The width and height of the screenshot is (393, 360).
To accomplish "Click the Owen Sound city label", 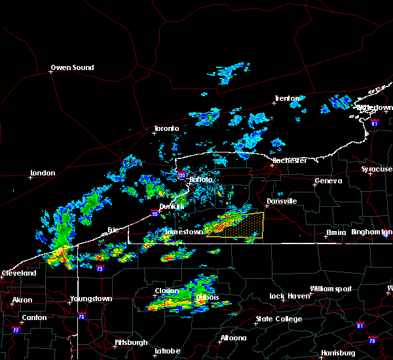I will coord(73,67).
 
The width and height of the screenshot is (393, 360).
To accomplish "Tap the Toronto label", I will coord(166,128).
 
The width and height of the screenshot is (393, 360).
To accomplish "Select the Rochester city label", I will coord(290,160).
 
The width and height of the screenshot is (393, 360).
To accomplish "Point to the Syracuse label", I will coord(377,170).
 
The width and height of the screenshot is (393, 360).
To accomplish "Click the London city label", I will coord(42,173).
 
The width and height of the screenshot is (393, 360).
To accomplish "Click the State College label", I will coord(278,319).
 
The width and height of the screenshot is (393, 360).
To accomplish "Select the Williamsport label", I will coord(331,289).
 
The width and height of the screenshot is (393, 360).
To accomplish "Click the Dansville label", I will coord(281,201).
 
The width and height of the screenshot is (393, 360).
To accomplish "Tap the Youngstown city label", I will coord(91,299).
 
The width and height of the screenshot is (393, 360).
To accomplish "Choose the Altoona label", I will coord(233,338).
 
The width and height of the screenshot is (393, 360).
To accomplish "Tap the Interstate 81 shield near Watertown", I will coord(374,122).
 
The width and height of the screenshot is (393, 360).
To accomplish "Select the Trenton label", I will coord(287,99).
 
